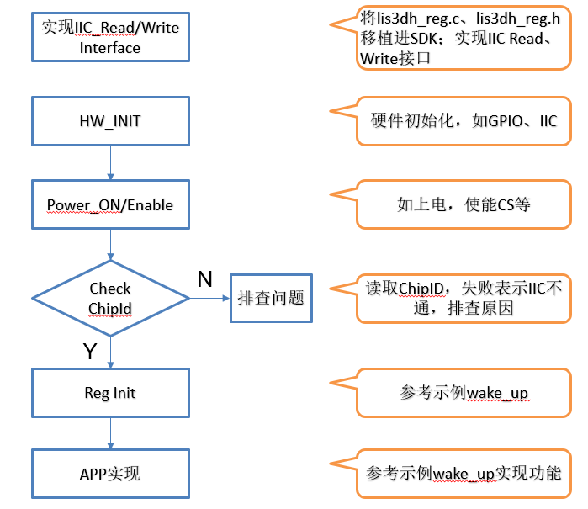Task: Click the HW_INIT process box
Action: click(110, 121)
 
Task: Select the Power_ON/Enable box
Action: click(110, 204)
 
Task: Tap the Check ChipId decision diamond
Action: click(110, 299)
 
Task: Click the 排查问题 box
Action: click(271, 298)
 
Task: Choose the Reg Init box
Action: click(110, 393)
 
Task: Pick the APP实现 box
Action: click(110, 474)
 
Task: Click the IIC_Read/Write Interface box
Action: click(110, 37)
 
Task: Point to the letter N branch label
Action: click(204, 279)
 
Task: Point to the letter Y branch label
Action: click(90, 352)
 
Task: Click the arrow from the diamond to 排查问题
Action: click(209, 298)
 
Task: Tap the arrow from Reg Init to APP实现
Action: click(110, 432)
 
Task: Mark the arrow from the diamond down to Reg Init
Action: click(110, 349)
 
